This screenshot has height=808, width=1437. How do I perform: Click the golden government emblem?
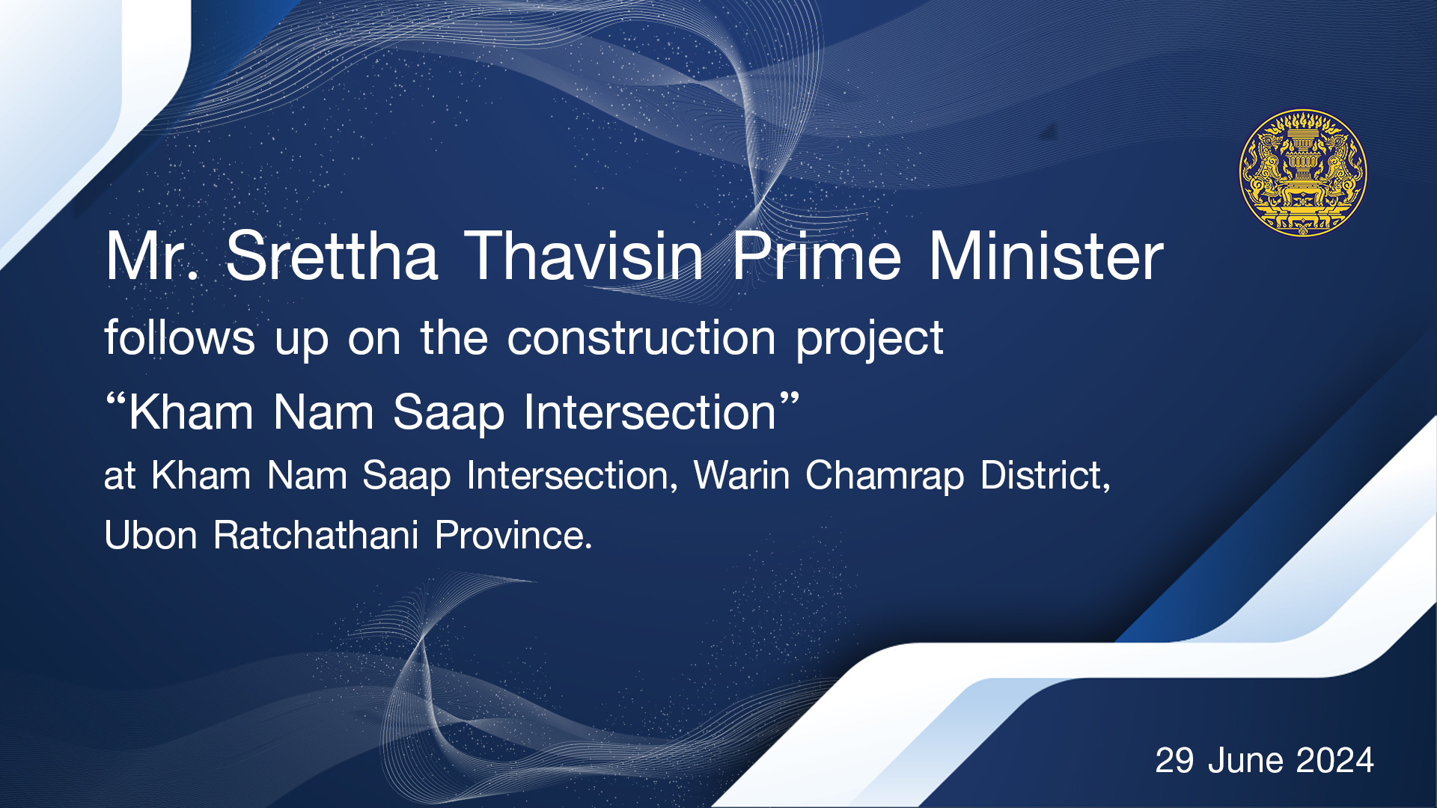pos(1303,173)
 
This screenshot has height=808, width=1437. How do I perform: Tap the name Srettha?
pos(332,257)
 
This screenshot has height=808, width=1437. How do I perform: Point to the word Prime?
pos(817,257)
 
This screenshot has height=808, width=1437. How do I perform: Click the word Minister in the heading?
pos(1046,257)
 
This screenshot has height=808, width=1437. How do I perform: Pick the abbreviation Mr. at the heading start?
pos(153,257)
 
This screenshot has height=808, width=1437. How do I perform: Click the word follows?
pos(180,337)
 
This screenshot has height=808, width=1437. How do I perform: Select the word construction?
pos(641,337)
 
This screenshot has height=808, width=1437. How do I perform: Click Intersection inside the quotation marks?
pos(650,412)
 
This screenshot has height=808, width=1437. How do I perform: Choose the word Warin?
pos(742,475)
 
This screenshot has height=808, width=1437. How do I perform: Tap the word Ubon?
pos(150,536)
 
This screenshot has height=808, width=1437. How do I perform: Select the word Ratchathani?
pos(316,536)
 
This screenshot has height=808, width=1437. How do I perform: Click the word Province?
pos(513,536)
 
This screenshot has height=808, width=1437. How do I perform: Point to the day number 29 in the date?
pos(1174,761)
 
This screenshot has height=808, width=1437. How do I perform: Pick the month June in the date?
pos(1245,761)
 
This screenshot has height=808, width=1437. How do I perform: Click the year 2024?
pos(1335,761)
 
